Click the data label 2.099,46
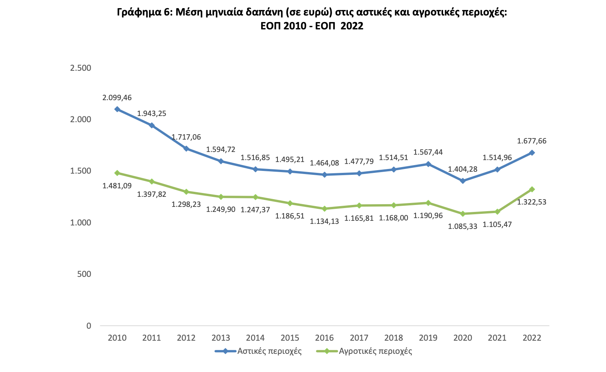117,98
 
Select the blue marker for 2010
117,109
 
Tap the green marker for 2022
532,189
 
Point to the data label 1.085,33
462,227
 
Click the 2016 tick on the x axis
324,338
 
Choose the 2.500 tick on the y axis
80,68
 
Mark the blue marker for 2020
462,181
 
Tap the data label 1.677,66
532,141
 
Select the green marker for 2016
324,208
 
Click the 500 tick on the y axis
84,274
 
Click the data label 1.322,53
532,202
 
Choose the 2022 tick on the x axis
532,338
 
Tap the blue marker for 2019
428,164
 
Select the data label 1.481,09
117,186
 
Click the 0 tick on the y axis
89,326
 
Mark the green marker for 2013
221,197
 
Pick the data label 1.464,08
324,163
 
